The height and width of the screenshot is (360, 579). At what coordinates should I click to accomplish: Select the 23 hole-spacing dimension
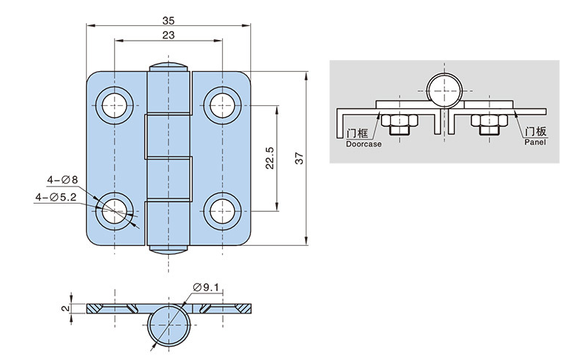click(168, 35)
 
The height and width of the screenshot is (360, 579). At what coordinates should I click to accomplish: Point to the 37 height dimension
click(298, 158)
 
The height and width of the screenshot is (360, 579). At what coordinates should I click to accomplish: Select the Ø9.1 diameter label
click(207, 287)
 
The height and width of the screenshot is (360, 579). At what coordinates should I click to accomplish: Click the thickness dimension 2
click(65, 307)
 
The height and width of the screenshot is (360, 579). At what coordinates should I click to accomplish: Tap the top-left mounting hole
click(114, 105)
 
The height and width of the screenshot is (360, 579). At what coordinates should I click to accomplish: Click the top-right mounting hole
click(223, 105)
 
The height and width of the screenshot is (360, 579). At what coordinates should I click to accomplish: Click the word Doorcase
click(364, 144)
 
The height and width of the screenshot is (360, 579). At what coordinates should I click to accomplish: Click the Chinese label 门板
click(535, 132)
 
